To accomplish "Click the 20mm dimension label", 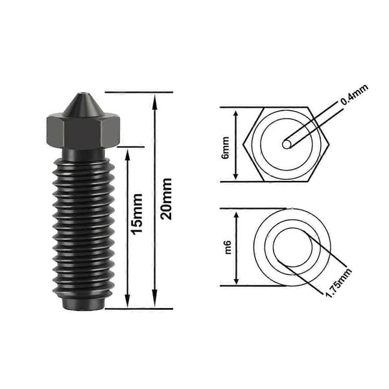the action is pyautogui.click(x=166, y=199).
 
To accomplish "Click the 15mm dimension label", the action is pyautogui.click(x=137, y=214).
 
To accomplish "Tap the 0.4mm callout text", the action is pyautogui.click(x=354, y=94).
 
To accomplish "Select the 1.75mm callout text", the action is pyautogui.click(x=338, y=283).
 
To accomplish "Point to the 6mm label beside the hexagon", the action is pyautogui.click(x=226, y=148).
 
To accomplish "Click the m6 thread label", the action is pyautogui.click(x=228, y=247).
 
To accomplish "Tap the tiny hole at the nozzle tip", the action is pyautogui.click(x=82, y=94).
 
